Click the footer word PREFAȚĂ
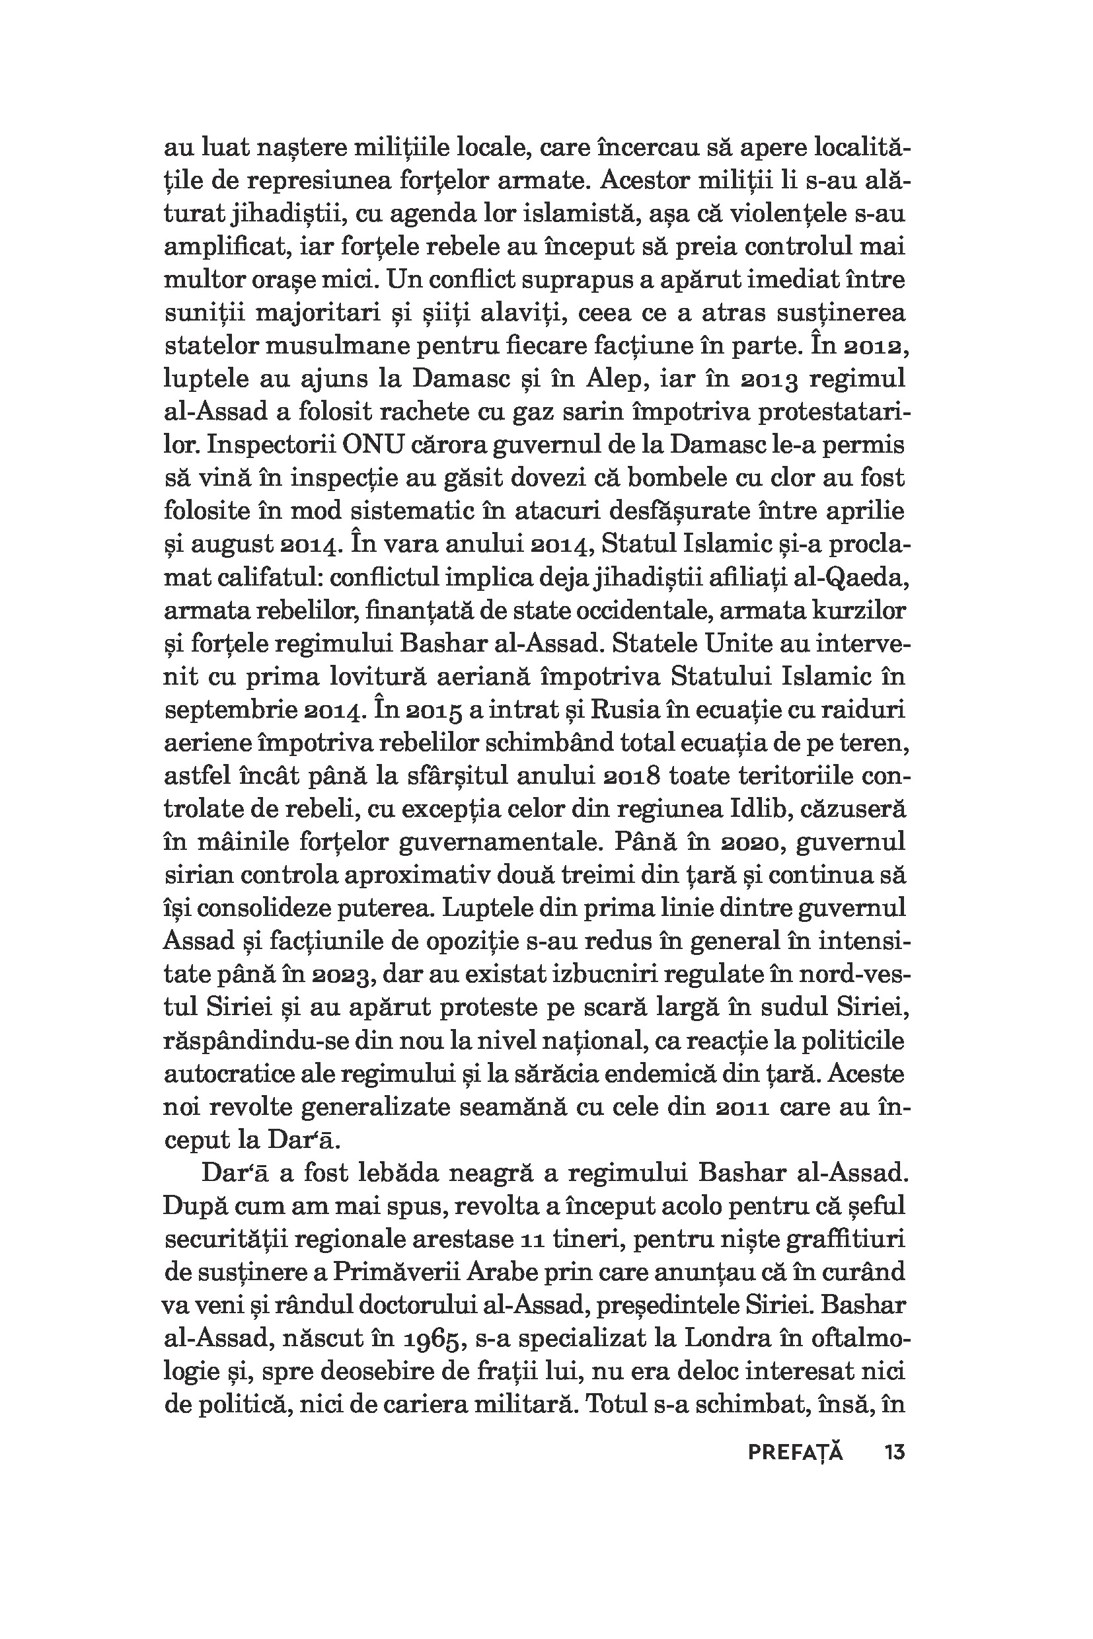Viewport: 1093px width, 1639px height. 795,1453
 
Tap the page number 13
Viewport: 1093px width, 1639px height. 894,1453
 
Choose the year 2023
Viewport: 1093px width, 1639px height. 340,976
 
